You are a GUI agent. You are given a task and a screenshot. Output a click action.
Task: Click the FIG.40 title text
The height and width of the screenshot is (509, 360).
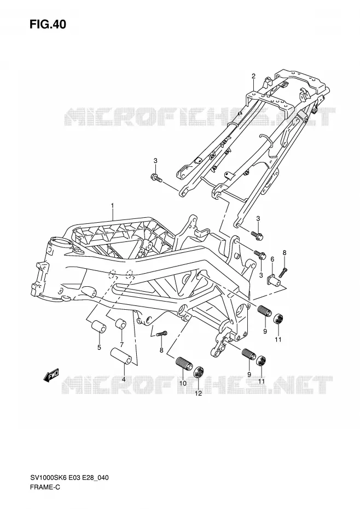48,24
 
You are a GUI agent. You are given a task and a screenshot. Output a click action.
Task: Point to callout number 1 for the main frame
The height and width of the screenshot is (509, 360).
112,205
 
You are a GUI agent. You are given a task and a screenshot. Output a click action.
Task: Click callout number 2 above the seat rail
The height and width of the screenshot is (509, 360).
253,76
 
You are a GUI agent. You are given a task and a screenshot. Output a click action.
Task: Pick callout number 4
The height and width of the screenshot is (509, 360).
124,379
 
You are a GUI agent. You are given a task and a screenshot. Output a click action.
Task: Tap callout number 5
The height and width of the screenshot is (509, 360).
99,348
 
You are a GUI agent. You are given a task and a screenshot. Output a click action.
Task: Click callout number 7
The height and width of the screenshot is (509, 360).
121,344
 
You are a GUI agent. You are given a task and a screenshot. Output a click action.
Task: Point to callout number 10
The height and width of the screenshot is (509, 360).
183,383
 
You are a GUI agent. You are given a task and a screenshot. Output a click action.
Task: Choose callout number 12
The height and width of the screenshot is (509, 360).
198,394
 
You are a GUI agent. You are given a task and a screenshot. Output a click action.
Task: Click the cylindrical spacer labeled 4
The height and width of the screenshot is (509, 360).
121,356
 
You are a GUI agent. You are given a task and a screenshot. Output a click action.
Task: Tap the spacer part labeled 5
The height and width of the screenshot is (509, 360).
98,327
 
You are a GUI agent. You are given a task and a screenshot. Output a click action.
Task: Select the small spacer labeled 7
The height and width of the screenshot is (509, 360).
120,323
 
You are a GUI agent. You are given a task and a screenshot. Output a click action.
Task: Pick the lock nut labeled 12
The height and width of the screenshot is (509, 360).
199,372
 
